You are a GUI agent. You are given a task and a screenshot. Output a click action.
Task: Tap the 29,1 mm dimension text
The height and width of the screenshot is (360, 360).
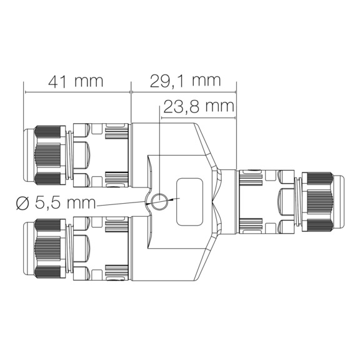pos(186,81)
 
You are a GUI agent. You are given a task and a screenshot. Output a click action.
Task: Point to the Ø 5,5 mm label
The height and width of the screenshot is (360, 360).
pos(56,203)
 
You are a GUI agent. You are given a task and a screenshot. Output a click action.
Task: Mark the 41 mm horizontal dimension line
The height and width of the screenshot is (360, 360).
pos(77,92)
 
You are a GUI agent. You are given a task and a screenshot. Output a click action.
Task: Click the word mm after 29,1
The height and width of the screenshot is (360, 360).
pos(207,81)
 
